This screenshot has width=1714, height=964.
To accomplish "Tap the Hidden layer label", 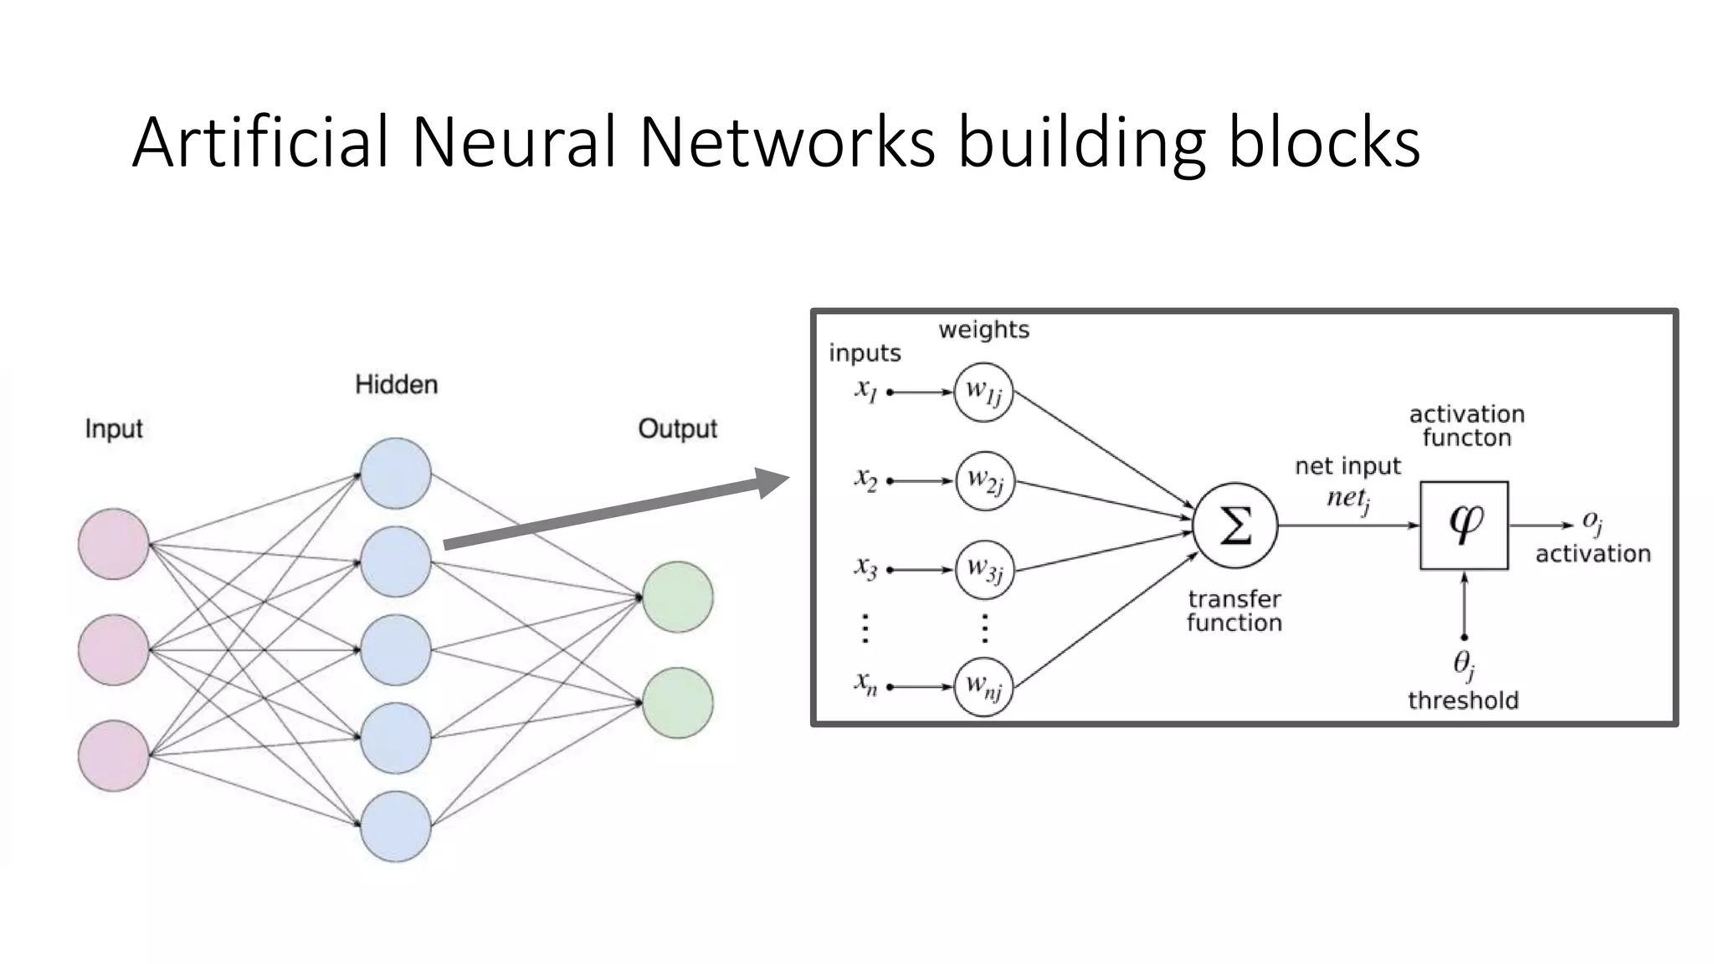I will point(396,385).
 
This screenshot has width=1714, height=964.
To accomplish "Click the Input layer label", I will point(114,428).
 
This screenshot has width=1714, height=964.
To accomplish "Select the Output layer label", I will point(677,428).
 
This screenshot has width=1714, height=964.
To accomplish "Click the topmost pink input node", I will point(114,544).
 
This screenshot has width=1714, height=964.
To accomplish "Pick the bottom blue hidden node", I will point(396,827).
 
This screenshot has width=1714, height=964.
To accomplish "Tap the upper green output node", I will point(678,597).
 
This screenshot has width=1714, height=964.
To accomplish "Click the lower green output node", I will point(678,703).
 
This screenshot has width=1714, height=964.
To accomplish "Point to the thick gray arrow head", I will point(772,483).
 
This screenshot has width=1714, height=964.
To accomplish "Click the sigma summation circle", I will point(1235,526).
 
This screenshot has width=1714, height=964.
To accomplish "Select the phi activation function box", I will point(1464,526).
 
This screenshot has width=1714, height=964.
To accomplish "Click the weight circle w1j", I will point(984,392).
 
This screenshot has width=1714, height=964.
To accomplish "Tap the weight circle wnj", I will point(984,687).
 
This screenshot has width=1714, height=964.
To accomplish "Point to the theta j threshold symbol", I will point(1463,665).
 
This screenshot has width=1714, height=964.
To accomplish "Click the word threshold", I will point(1463,700).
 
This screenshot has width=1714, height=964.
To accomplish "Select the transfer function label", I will point(1234,611).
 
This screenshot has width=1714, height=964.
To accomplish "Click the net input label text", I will point(1347,466).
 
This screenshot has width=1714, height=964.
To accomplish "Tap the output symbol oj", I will point(1592,523).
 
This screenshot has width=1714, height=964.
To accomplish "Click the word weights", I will point(983,330).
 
